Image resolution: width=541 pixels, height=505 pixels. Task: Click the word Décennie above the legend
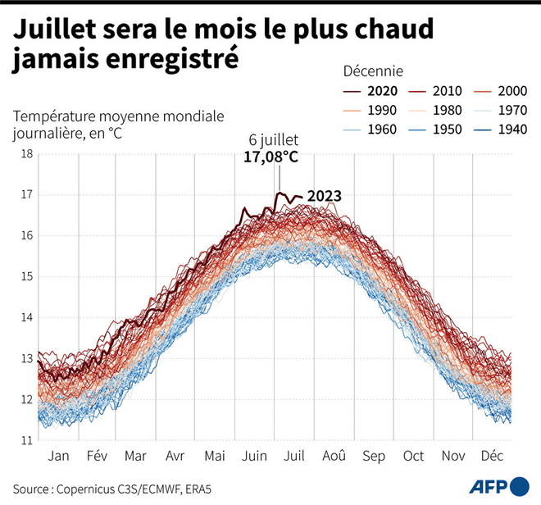pos(370,71)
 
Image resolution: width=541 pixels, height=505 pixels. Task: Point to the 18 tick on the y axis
pos(26,154)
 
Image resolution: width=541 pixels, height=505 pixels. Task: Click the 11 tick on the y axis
pos(26,440)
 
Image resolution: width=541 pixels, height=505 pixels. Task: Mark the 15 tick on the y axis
pos(26,276)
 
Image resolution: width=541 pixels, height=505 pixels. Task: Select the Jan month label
pos(58,456)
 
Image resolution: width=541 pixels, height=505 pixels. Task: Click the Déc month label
pos(492,456)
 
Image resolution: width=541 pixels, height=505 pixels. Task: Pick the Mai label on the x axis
pos(216,456)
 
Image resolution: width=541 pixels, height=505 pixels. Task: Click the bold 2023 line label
pos(323,196)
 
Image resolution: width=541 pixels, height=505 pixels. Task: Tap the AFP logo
pos(498,486)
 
